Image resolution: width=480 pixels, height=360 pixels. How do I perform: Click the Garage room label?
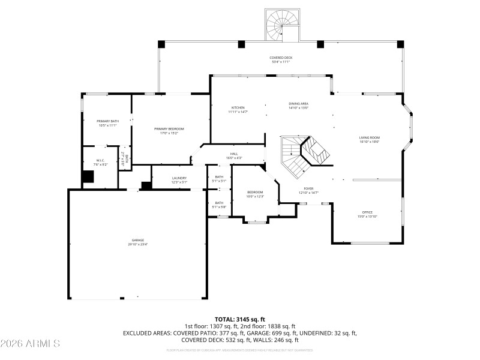coord(137,241)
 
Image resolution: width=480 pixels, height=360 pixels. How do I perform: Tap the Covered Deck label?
coord(281,59)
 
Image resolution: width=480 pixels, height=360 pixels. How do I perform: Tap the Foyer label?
coord(308,190)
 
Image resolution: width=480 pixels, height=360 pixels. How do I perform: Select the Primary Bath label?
coord(108,122)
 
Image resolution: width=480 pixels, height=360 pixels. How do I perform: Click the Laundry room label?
coord(179,179)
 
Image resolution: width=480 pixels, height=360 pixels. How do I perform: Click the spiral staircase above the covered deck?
coord(281,25)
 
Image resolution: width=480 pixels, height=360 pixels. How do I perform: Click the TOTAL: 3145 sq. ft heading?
coord(240,319)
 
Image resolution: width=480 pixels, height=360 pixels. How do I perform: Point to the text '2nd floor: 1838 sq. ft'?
coord(268,326)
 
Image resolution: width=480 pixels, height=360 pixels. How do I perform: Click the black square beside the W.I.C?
coord(88,177)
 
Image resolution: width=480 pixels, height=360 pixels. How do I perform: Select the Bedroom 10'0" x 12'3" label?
coord(255,194)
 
